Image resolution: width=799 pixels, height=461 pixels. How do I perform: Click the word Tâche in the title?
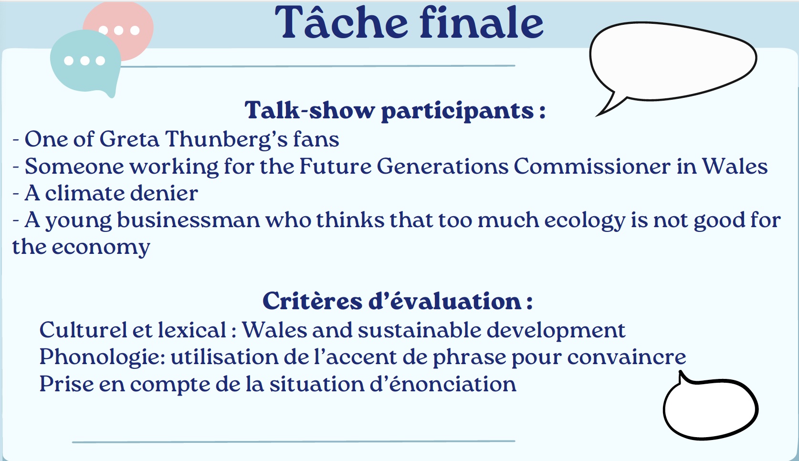[x=341, y=22]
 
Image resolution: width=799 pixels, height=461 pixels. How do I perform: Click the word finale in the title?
[x=482, y=21]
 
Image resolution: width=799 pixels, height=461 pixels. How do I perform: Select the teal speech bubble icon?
[x=85, y=63]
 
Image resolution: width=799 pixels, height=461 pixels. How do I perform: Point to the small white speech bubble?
[x=710, y=408]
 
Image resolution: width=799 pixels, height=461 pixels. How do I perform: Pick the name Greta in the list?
[x=129, y=139]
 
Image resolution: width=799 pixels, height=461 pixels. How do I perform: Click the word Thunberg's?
[x=226, y=139]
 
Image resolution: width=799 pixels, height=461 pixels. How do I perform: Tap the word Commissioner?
[x=592, y=166]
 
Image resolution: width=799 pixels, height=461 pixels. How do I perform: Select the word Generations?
[x=442, y=166]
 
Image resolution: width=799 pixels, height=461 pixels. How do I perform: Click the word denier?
[x=164, y=193]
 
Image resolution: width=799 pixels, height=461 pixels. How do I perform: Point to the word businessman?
[x=189, y=220]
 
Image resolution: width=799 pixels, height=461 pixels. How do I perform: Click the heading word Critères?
[x=313, y=301]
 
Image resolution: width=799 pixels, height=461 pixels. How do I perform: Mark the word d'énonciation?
[x=442, y=384]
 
